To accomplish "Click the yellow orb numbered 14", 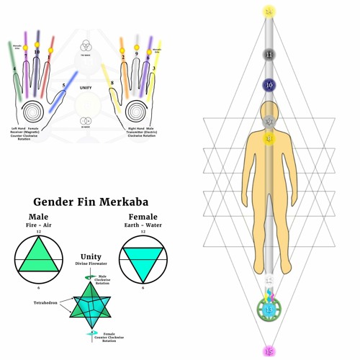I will click(x=269, y=12).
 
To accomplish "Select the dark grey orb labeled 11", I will click(x=269, y=55).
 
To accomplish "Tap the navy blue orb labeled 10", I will click(x=269, y=86).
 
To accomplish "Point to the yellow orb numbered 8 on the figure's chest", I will click(x=269, y=138).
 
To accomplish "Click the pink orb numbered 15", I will click(x=269, y=351).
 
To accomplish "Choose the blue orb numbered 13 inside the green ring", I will click(x=269, y=310).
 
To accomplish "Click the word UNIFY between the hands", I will click(x=86, y=87).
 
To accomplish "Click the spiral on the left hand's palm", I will click(x=32, y=112).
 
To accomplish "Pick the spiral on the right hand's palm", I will click(x=136, y=112).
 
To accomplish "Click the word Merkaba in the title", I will click(x=117, y=202).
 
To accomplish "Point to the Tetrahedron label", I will click(x=45, y=303).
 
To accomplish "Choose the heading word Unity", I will click(x=91, y=257).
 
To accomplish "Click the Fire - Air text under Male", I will click(x=39, y=225).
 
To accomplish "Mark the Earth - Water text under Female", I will click(x=143, y=225).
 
